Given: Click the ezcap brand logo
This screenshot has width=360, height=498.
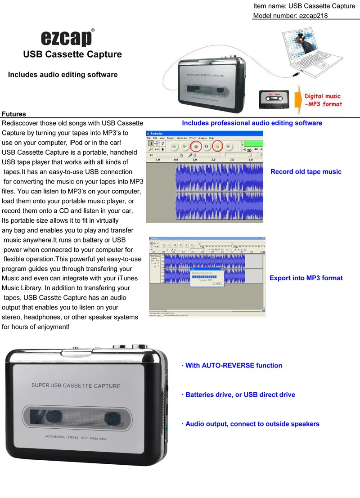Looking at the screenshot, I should tap(67, 38).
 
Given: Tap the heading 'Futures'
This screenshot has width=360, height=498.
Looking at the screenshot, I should tap(14, 114).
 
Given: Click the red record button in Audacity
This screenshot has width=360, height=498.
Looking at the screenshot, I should tap(196, 147).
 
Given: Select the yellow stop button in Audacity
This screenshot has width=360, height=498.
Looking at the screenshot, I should tap(217, 147).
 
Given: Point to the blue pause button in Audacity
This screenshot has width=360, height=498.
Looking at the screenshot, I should tap(207, 147).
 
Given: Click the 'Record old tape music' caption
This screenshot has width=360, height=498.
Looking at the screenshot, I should tap(306, 172).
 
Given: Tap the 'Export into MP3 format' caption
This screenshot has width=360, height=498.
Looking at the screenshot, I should tap(306, 278).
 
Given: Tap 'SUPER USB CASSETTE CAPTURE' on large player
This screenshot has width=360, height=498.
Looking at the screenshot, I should tap(76, 386).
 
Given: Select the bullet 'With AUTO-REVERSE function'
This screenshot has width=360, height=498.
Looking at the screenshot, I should tap(232, 365).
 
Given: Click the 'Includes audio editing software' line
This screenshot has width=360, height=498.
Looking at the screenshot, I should tap(63, 75).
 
